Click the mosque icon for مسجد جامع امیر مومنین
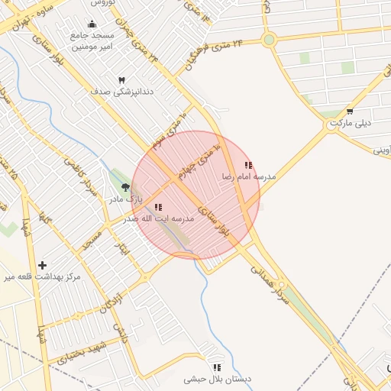pyautogui.click(x=92, y=24)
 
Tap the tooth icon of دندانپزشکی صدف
pyautogui.click(x=121, y=80)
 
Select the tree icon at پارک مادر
pyautogui.click(x=125, y=186)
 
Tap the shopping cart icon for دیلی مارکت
pyautogui.click(x=350, y=111)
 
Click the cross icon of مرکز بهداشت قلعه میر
pyautogui.click(x=43, y=264)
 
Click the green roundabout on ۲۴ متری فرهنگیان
pyautogui.click(x=268, y=40)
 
